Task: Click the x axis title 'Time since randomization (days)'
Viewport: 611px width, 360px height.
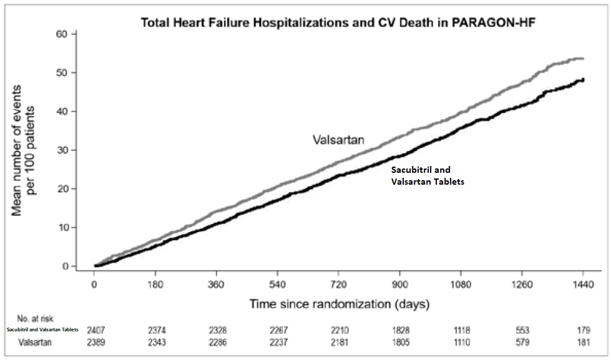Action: click(338, 304)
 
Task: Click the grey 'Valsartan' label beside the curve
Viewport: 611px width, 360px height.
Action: click(338, 140)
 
